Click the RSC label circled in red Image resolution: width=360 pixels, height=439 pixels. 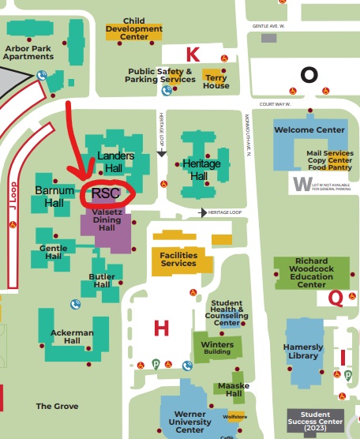[x=106, y=192]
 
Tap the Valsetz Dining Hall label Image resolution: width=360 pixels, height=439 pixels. [x=106, y=223]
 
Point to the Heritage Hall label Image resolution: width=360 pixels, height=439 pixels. [x=201, y=168]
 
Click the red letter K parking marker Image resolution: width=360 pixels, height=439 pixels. [x=192, y=54]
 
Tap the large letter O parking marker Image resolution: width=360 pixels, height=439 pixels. [x=309, y=74]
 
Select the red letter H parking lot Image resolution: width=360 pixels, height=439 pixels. [x=161, y=328]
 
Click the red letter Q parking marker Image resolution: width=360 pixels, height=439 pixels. [x=336, y=297]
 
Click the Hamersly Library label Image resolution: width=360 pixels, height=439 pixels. [x=304, y=351]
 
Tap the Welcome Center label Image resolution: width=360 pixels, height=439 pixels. [x=309, y=129]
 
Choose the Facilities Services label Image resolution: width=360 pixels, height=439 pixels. [x=178, y=259]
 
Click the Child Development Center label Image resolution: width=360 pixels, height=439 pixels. [x=134, y=29]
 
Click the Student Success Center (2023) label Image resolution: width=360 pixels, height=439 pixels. [x=315, y=418]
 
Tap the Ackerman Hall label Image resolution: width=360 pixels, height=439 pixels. [x=72, y=337]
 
